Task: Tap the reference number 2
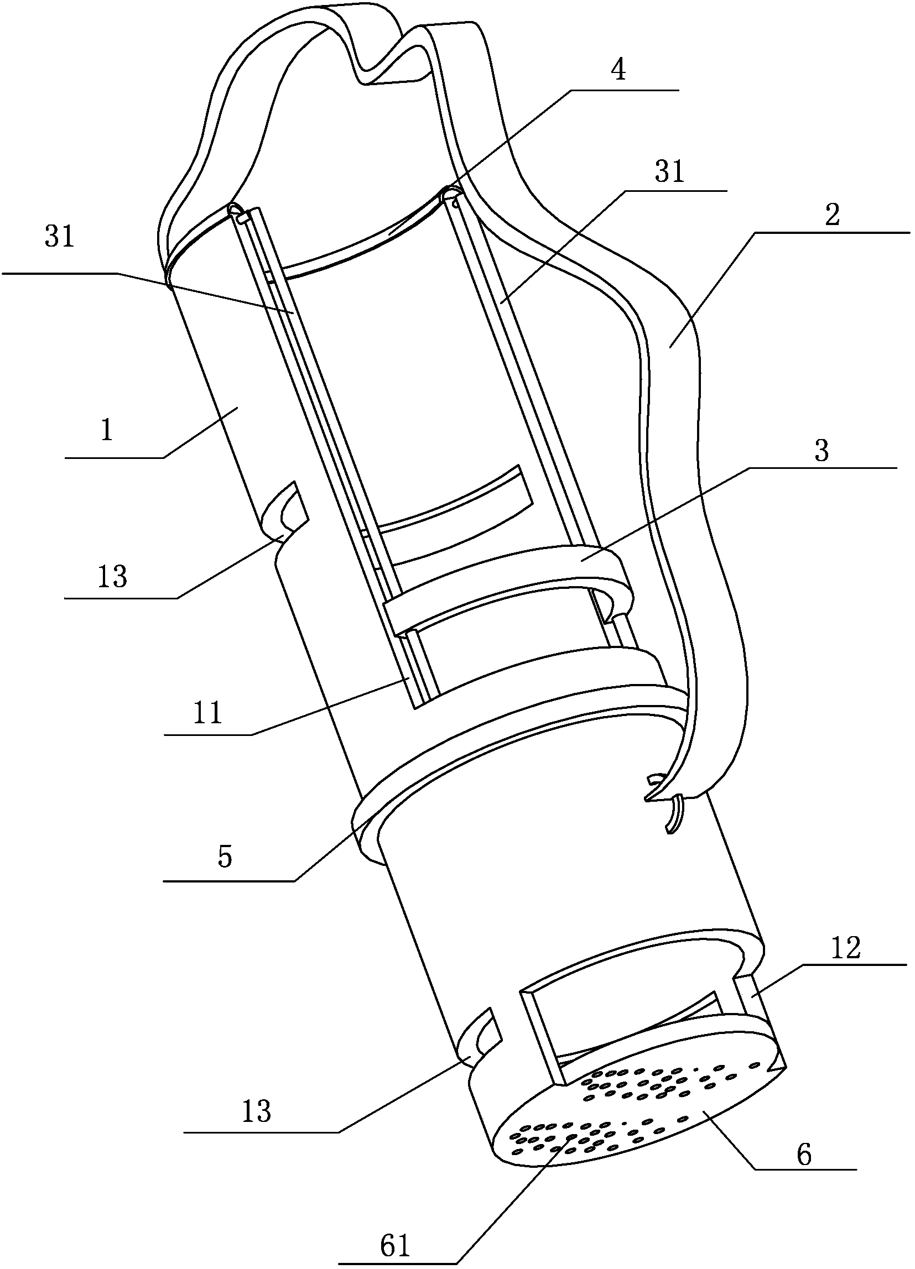pyautogui.click(x=832, y=215)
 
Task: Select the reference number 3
pyautogui.click(x=821, y=451)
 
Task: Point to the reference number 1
pyautogui.click(x=107, y=431)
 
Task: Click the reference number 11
pyautogui.click(x=207, y=714)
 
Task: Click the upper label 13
pyautogui.click(x=112, y=576)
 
